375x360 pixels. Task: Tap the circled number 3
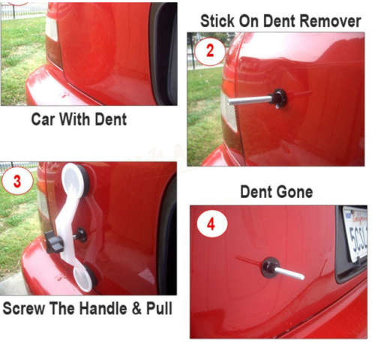click(18, 181)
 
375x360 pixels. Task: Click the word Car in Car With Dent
click(43, 118)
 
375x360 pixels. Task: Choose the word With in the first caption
click(77, 118)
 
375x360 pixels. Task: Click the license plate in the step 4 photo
click(354, 234)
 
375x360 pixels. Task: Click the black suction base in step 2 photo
click(280, 96)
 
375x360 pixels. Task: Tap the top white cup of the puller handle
click(74, 178)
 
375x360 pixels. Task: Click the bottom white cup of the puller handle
click(85, 277)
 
